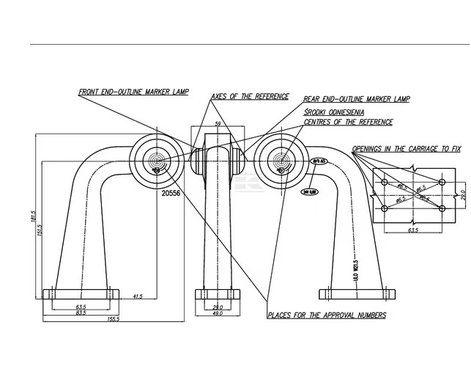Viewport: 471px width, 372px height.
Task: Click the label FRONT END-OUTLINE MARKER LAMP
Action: [134, 92]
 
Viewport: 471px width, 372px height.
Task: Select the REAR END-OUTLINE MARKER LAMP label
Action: [356, 99]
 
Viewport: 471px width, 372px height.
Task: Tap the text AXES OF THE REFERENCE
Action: [250, 97]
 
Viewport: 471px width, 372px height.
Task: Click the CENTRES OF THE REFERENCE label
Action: [348, 122]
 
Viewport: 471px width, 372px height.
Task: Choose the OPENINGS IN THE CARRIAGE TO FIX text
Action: [406, 148]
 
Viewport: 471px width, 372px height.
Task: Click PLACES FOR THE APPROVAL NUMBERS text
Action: [327, 315]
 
